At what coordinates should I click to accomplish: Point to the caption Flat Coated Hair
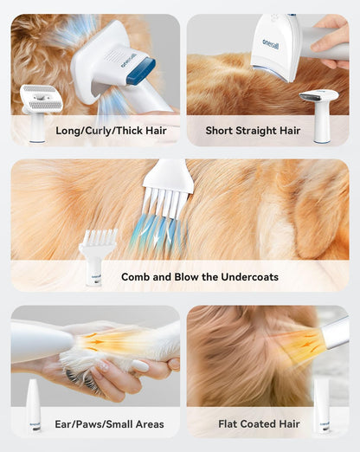click(259, 423)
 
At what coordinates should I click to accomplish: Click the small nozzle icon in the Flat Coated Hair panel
click(321, 404)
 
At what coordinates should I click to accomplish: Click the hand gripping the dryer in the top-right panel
click(334, 43)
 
